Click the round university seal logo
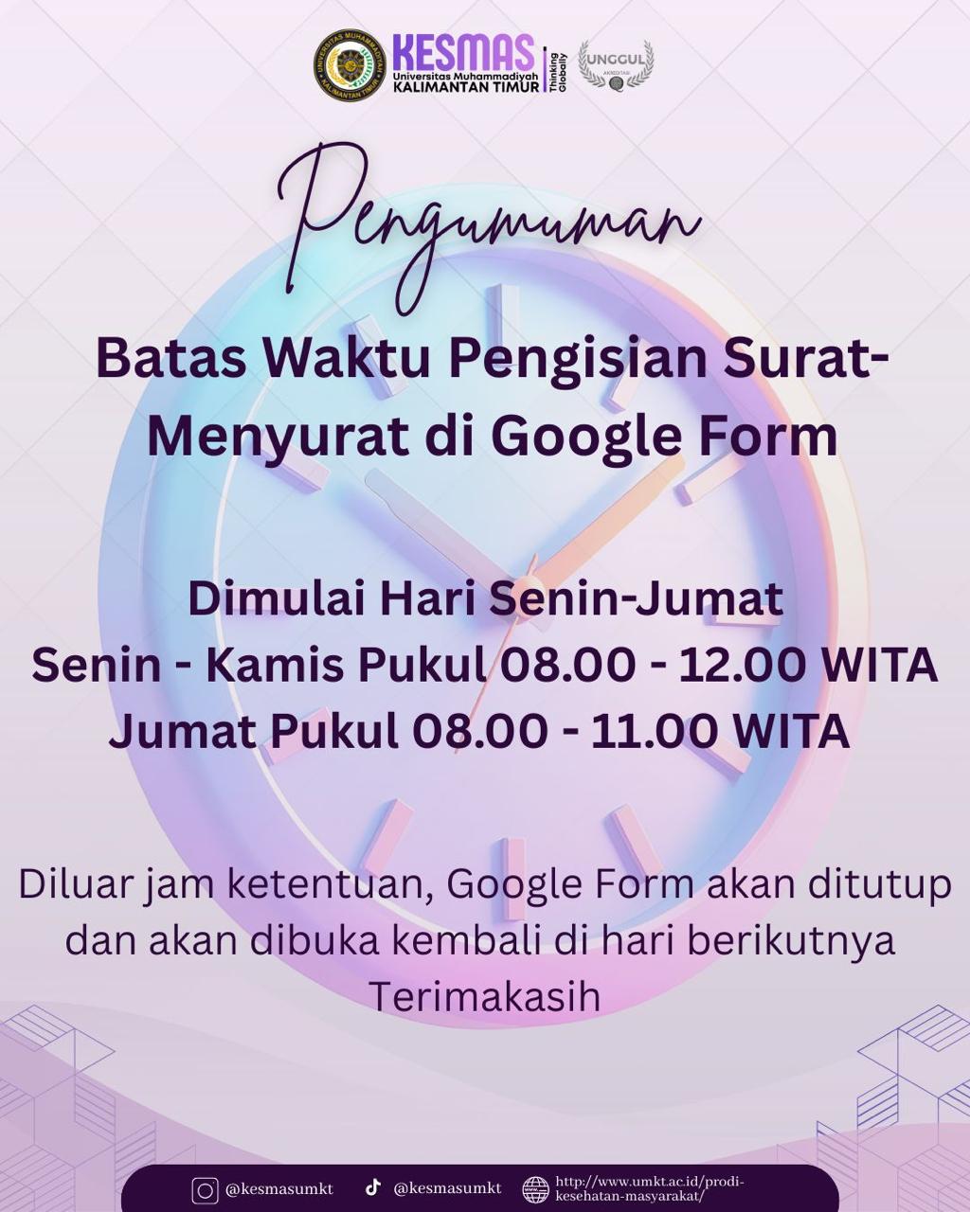pos(350,64)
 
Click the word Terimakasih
pos(484,997)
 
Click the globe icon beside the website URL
pos(536,1189)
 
